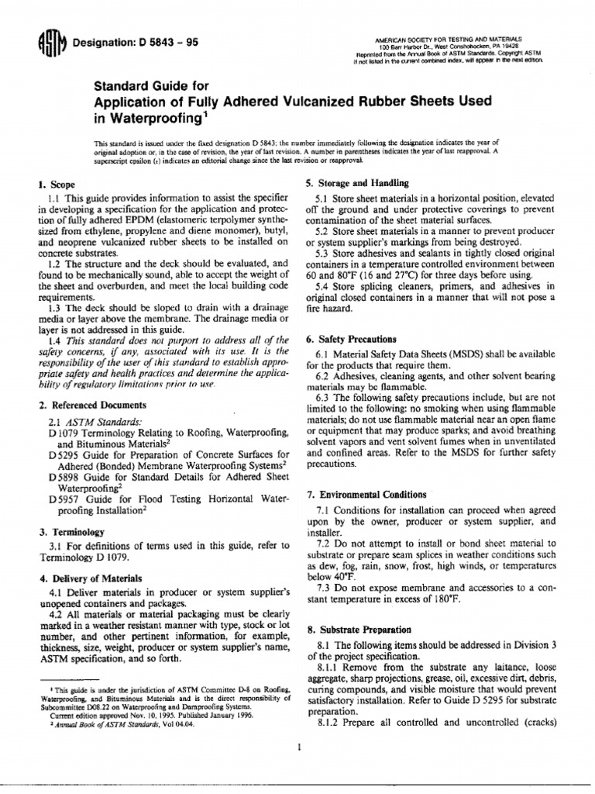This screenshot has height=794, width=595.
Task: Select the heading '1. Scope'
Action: point(52,185)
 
